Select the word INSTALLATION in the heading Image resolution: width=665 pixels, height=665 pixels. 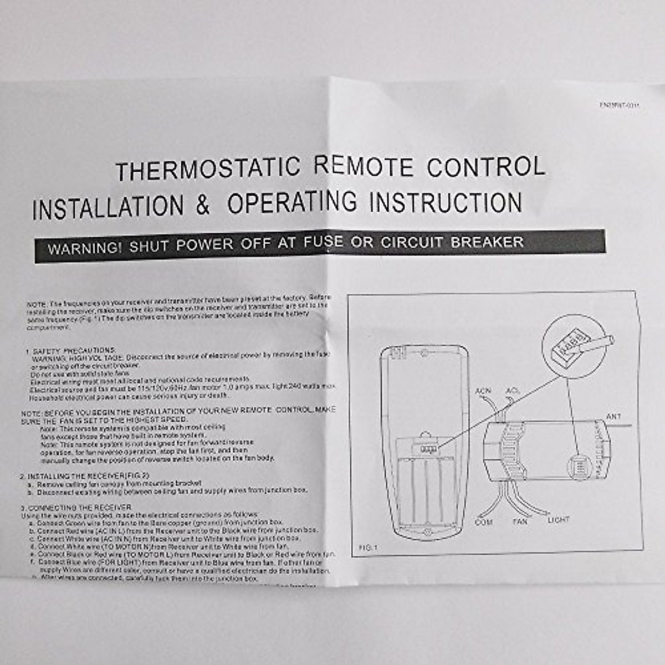pos(108,207)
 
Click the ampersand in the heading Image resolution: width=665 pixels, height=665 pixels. pos(203,205)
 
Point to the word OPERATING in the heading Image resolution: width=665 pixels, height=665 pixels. pos(292,203)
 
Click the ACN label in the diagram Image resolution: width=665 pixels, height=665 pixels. pos(483,391)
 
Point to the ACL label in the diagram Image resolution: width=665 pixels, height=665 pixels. pos(513,391)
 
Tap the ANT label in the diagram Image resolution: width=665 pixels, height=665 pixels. pos(613,416)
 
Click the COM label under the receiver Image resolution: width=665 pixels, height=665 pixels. pos(483,522)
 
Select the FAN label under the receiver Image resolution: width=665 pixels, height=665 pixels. pos(520,521)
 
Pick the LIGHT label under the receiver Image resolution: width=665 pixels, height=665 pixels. pos(558,520)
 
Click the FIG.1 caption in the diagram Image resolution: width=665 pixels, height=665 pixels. pos(367,548)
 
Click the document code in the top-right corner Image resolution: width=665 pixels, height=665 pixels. pos(619,104)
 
